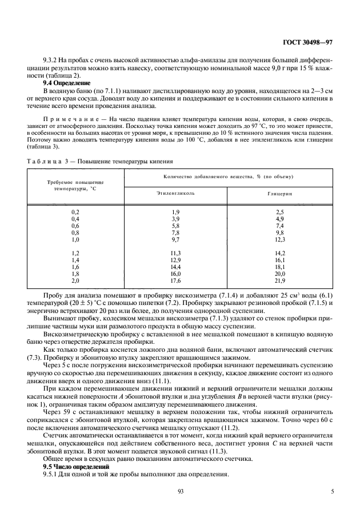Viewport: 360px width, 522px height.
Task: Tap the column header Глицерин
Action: coord(279,194)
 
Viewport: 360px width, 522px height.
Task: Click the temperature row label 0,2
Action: coord(75,212)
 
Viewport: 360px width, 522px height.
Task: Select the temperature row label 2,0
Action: coord(75,281)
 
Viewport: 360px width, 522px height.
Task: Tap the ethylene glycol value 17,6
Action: coord(175,281)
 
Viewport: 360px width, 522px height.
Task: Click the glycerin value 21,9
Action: coord(279,281)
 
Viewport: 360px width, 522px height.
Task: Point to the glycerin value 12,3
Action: coord(279,239)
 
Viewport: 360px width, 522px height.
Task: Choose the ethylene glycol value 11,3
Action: coord(175,253)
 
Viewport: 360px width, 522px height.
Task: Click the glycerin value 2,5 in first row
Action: coord(279,212)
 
